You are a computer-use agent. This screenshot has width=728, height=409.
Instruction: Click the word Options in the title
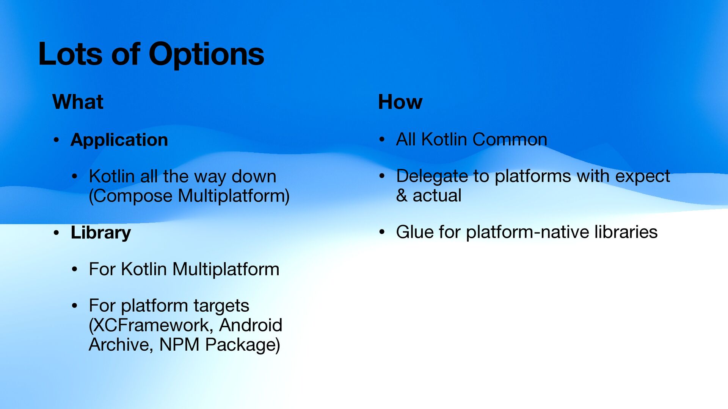tap(206, 55)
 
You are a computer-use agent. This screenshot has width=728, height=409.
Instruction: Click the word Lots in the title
tap(71, 54)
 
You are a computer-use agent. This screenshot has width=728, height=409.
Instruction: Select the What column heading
tap(78, 102)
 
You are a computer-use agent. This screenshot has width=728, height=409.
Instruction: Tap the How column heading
tap(400, 102)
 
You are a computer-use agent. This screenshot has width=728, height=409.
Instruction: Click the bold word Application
tap(119, 140)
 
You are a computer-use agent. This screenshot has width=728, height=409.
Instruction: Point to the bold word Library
tap(100, 233)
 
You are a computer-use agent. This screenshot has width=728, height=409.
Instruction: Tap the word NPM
tap(179, 345)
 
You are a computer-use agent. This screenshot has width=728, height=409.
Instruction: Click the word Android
tap(251, 325)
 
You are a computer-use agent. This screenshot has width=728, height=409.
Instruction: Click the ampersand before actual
tap(402, 195)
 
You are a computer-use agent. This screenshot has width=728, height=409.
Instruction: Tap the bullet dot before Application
tap(56, 140)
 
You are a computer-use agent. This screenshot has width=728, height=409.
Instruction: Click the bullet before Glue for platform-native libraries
tap(382, 232)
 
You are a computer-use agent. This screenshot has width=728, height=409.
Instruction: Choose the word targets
tap(221, 306)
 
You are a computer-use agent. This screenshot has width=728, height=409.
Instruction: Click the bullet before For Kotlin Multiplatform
tap(75, 269)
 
